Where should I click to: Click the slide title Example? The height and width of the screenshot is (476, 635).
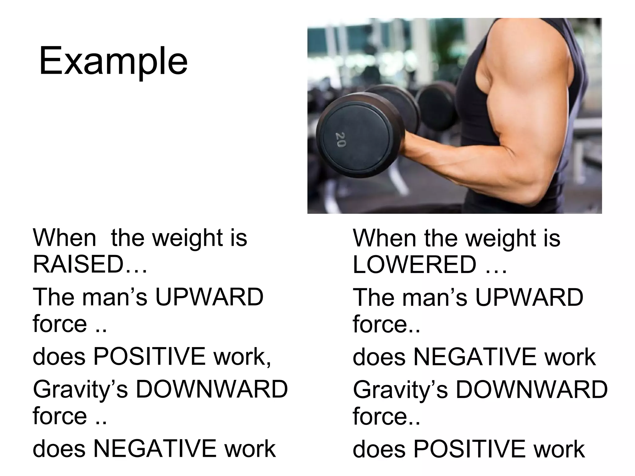point(113,61)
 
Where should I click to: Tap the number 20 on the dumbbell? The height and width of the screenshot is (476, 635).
point(340,140)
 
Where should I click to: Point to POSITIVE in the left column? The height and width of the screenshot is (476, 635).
point(149,356)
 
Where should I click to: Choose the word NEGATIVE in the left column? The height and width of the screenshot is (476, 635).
point(155,448)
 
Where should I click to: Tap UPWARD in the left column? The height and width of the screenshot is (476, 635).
point(210,297)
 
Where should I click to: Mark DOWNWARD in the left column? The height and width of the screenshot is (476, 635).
point(212,389)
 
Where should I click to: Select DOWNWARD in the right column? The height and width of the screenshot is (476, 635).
point(532,390)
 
